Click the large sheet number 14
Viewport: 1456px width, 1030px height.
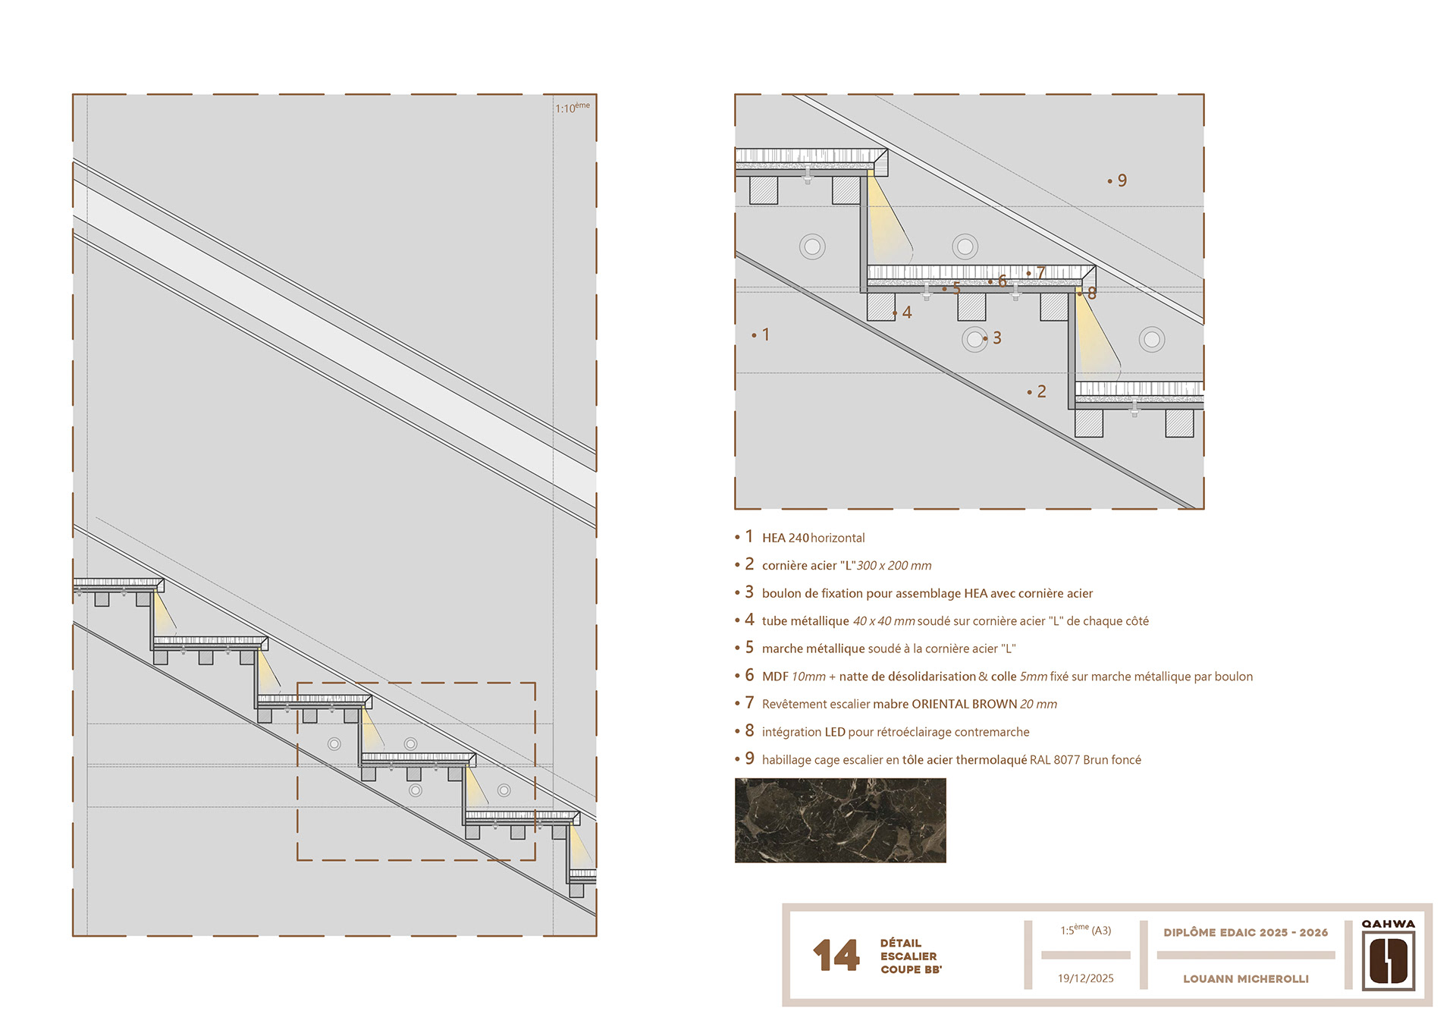pyautogui.click(x=836, y=955)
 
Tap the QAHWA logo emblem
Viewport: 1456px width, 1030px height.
pyautogui.click(x=1389, y=961)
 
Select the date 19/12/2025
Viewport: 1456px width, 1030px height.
pyautogui.click(x=1086, y=978)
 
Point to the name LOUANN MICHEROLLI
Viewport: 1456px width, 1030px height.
pyautogui.click(x=1246, y=979)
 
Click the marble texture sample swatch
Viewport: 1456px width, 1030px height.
pyautogui.click(x=840, y=820)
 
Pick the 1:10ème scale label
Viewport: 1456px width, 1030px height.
pyautogui.click(x=573, y=108)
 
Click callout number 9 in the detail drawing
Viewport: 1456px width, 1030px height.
pyautogui.click(x=1122, y=181)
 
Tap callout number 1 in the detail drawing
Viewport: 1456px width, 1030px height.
pyautogui.click(x=766, y=334)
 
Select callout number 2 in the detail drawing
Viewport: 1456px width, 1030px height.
pyautogui.click(x=1041, y=391)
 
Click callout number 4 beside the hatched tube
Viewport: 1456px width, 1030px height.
pyautogui.click(x=906, y=312)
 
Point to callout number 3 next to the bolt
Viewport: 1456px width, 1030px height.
pyautogui.click(x=997, y=338)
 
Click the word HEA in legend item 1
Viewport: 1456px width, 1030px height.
pyautogui.click(x=773, y=538)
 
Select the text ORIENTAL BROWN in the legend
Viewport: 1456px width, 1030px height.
pyautogui.click(x=964, y=704)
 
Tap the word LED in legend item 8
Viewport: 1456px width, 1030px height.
pyautogui.click(x=835, y=732)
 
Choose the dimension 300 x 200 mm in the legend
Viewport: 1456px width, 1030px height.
pyautogui.click(x=894, y=566)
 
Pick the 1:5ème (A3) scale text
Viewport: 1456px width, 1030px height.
pyautogui.click(x=1086, y=930)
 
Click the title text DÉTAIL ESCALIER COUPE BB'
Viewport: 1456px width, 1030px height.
pyautogui.click(x=911, y=956)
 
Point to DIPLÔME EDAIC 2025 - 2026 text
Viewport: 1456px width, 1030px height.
pyautogui.click(x=1246, y=932)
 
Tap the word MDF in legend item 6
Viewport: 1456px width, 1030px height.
pyautogui.click(x=775, y=677)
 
